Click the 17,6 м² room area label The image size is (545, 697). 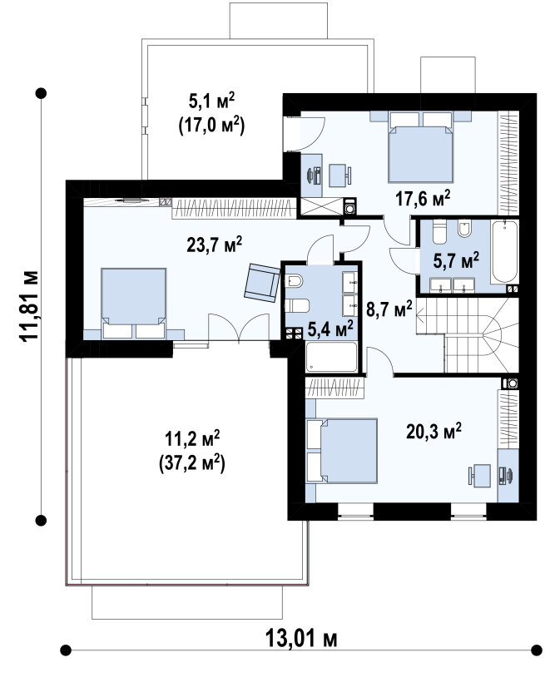[423, 198]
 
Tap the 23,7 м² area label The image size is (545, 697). [215, 244]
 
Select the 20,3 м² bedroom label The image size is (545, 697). [434, 430]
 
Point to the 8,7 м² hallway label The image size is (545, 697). [389, 309]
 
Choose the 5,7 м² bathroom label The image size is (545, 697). [456, 260]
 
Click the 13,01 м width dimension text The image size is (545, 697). [301, 639]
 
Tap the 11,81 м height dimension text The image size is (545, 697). [29, 306]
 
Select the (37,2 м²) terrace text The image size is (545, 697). [191, 463]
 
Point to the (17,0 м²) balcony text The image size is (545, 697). [211, 126]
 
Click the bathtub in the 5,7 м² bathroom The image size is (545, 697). [505, 251]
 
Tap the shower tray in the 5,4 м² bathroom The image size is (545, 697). [332, 357]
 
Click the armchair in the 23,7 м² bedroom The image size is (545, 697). [262, 283]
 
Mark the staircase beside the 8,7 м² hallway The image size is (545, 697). [468, 335]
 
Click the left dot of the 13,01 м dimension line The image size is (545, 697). [66, 650]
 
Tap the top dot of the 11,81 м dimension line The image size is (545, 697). [41, 93]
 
